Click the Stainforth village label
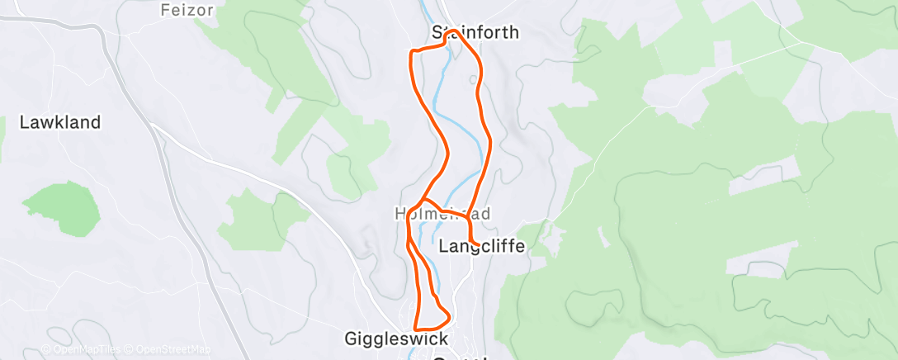pyautogui.click(x=475, y=33)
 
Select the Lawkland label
pyautogui.click(x=60, y=122)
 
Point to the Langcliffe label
pyautogui.click(x=482, y=246)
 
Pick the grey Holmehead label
pyautogui.click(x=442, y=214)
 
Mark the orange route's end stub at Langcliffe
pyautogui.click(x=476, y=242)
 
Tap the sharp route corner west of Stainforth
pyautogui.click(x=413, y=52)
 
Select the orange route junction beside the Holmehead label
pyautogui.click(x=423, y=201)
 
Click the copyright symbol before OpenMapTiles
pyautogui.click(x=45, y=349)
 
